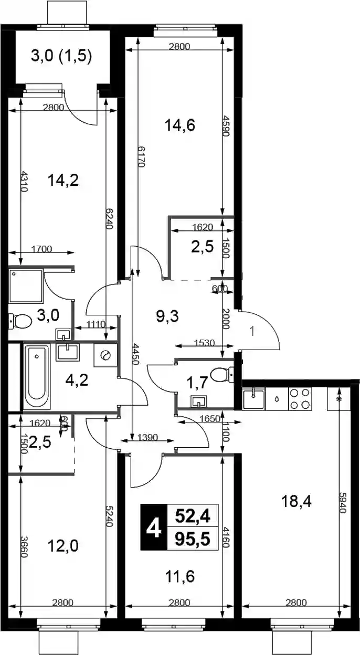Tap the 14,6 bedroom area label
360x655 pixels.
pos(180,126)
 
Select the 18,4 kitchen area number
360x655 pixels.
pos(297,502)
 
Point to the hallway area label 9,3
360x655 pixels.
pos(172,316)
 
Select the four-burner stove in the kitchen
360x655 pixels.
pos(300,398)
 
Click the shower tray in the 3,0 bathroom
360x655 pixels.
pos(26,286)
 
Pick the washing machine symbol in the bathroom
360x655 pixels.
pos(105,355)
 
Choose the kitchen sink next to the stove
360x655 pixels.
pos(253,398)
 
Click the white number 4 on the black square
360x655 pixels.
pos(154,529)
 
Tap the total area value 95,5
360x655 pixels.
pos(193,539)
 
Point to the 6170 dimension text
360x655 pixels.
pos(142,157)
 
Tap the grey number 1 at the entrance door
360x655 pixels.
pos(252,332)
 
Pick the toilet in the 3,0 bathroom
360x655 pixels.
pos(20,321)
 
